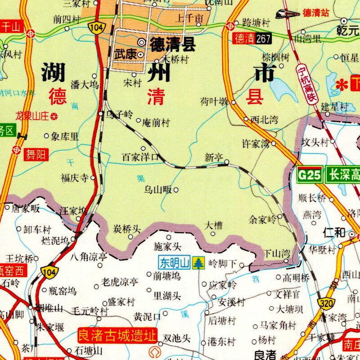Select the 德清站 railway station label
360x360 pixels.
[316, 13]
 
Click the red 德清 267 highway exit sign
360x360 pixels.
[252, 39]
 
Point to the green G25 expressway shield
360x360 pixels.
[310, 175]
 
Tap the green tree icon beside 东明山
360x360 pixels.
[198, 262]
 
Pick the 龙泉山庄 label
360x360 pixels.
[31, 116]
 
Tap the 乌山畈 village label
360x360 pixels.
[157, 190]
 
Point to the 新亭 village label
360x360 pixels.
[213, 158]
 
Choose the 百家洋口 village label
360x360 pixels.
[140, 157]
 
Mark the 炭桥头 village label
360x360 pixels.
[126, 229]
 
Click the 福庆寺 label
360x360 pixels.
[75, 178]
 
